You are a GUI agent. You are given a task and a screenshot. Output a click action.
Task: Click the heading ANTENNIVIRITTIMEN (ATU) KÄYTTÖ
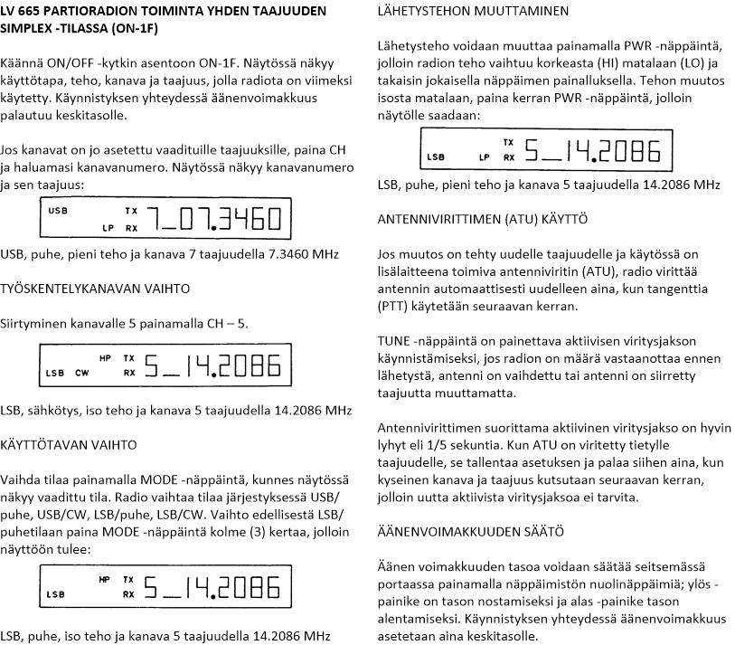click(483, 218)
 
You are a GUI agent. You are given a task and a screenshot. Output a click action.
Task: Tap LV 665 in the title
click(23, 12)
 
